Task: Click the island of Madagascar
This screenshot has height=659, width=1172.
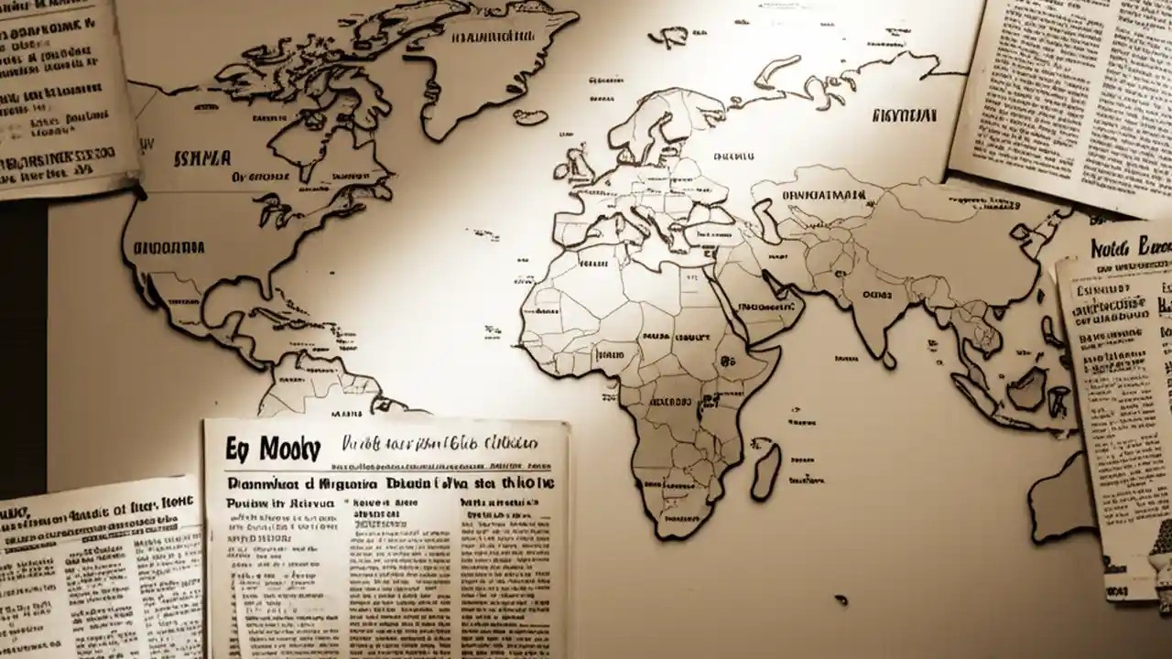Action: pyautogui.click(x=765, y=470)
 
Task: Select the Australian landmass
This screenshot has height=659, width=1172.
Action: pyautogui.click(x=1062, y=499)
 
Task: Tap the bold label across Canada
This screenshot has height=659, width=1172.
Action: pyautogui.click(x=201, y=158)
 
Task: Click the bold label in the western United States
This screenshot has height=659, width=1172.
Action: pyautogui.click(x=169, y=247)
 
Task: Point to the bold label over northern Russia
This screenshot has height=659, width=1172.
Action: pyautogui.click(x=905, y=116)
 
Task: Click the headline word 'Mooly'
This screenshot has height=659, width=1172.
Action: pyautogui.click(x=290, y=449)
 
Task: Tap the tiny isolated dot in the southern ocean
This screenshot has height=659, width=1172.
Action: pyautogui.click(x=841, y=600)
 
